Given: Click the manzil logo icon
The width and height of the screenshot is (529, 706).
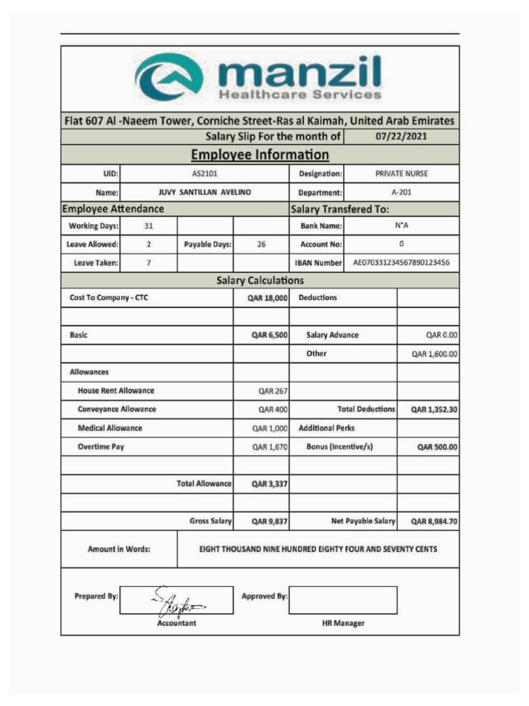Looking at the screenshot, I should pyautogui.click(x=169, y=77).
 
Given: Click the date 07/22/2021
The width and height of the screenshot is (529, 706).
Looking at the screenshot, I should pyautogui.click(x=401, y=136).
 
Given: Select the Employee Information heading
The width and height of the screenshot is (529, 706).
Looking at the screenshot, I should pyautogui.click(x=260, y=154).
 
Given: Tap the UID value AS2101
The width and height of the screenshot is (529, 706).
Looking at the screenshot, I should pyautogui.click(x=205, y=174).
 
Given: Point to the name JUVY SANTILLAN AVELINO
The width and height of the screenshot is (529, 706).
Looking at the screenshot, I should pyautogui.click(x=205, y=192).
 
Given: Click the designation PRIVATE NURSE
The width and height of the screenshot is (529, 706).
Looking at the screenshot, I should pyautogui.click(x=401, y=174).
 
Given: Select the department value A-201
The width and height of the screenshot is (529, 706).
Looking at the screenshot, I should pyautogui.click(x=401, y=192).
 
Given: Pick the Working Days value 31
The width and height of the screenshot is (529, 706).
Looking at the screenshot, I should pyautogui.click(x=149, y=226).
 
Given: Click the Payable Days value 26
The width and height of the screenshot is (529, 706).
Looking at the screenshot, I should pyautogui.click(x=261, y=244).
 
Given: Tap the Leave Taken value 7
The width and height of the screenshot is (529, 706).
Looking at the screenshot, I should pyautogui.click(x=149, y=263).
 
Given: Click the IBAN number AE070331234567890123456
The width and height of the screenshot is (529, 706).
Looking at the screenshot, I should pyautogui.click(x=401, y=263).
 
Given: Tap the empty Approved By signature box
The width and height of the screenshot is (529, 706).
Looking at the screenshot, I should pyautogui.click(x=342, y=600).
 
